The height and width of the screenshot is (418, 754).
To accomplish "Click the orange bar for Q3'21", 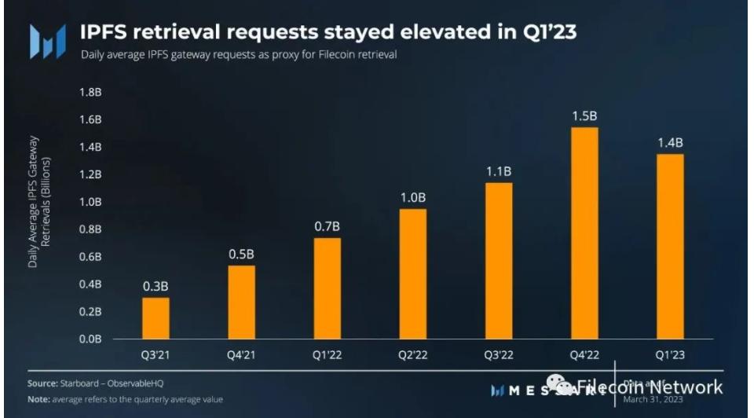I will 156,318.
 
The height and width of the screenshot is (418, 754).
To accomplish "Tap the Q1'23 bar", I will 669,247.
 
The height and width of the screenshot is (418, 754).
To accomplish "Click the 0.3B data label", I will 156,287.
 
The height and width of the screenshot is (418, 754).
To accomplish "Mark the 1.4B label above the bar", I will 669,143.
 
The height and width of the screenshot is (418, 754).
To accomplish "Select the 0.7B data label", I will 327,227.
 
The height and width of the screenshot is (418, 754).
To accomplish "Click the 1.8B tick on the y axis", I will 90,92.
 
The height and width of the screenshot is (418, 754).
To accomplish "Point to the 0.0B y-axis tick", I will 90,339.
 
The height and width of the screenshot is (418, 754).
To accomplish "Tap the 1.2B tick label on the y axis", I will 90,174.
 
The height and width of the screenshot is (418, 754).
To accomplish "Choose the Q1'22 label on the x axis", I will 327,354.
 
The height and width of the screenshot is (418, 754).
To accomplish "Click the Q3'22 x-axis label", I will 497,354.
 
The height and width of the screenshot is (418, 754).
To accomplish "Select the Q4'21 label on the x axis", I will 241,354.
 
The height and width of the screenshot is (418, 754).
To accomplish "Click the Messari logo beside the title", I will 47,39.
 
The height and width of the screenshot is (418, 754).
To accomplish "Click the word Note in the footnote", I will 40,399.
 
